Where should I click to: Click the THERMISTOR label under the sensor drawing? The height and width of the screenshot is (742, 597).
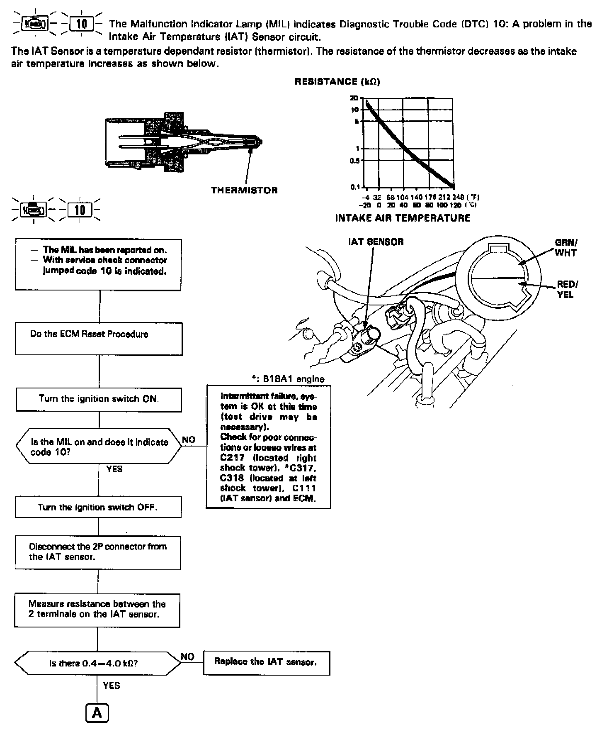pos(244,190)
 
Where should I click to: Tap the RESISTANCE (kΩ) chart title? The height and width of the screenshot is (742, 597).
pos(337,82)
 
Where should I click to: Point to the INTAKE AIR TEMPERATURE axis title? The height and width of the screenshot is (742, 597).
pos(403,218)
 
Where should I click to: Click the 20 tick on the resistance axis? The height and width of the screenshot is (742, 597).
pos(354,98)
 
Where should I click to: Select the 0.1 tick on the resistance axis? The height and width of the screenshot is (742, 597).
pos(354,187)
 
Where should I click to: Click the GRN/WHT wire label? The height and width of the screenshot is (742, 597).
pos(565,248)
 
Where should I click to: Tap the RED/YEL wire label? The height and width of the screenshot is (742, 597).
pos(567,289)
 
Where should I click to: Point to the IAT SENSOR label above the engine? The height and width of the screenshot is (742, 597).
pos(376,242)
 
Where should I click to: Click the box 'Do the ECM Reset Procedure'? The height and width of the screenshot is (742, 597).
pos(99,339)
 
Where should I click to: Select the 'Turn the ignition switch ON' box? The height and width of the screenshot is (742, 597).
pos(99,399)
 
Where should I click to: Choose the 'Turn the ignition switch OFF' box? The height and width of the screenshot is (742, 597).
pos(98,508)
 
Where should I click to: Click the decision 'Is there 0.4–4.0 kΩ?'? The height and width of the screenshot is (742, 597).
pos(98,663)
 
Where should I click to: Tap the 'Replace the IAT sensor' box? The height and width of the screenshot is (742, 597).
pos(266,662)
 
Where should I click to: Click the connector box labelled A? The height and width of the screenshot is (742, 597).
pos(97,713)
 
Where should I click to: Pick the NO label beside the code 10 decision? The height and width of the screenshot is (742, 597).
pos(189,440)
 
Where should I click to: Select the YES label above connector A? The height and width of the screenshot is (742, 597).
pos(112,686)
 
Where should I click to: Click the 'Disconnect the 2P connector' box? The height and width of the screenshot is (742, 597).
pos(98,553)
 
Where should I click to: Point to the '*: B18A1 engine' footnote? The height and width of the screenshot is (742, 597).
pos(288,379)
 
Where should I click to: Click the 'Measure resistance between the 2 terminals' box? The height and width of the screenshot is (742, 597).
pos(97,610)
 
